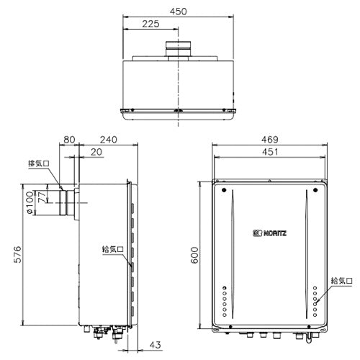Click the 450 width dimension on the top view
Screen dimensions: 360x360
(178, 12)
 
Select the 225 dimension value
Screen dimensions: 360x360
(150, 24)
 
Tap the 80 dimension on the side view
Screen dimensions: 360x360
(69, 140)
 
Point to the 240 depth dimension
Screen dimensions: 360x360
(109, 140)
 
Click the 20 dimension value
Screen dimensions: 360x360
(96, 152)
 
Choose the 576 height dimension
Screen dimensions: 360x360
(17, 254)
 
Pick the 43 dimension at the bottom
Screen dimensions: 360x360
(155, 345)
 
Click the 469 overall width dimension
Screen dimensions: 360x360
(270, 140)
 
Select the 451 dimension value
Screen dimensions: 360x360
(270, 152)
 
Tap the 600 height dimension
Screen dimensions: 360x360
(195, 255)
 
